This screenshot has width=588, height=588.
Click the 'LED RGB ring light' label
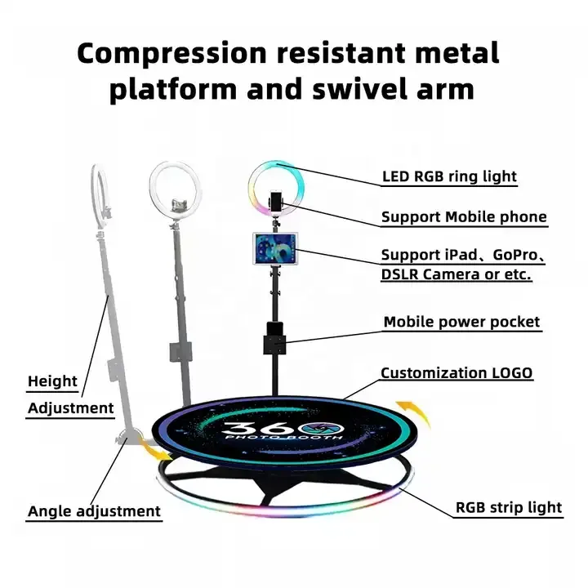click(449, 176)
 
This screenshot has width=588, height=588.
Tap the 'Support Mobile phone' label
click(464, 217)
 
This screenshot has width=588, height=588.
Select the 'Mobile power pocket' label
click(461, 322)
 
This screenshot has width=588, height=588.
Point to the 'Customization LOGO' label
click(457, 373)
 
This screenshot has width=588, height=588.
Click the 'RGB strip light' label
click(508, 507)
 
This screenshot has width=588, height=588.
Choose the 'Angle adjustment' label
click(94, 511)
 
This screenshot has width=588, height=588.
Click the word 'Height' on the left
click(52, 381)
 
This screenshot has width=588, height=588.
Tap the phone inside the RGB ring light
click(276, 201)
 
